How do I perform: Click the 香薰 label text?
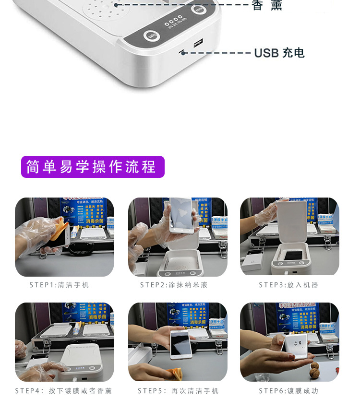tap(267, 5)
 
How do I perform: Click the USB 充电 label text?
tap(279, 53)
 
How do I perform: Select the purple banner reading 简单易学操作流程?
tap(93, 167)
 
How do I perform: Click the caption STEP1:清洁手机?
tap(60, 285)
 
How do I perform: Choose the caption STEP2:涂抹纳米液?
tap(174, 285)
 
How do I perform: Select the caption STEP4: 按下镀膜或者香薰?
tap(63, 391)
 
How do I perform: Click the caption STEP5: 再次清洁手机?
tap(178, 391)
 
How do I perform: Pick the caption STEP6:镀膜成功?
tap(288, 391)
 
